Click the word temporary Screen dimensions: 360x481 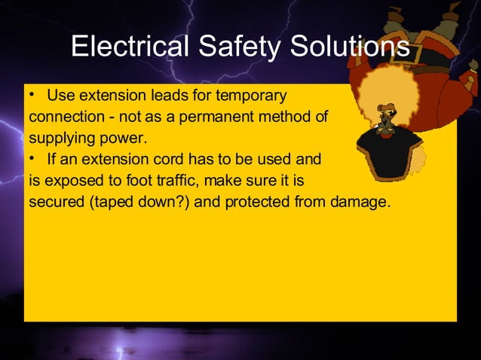pos(251,97)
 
